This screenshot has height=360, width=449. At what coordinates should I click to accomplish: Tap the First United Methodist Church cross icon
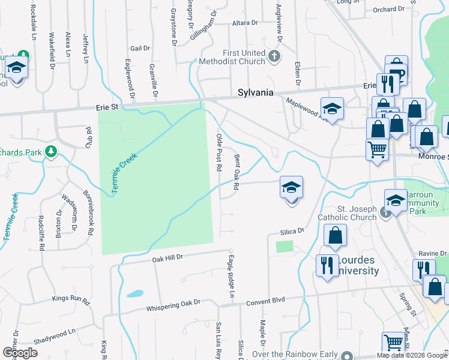click(x=274, y=57)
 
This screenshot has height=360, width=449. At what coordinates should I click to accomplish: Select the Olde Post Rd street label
click(x=219, y=152)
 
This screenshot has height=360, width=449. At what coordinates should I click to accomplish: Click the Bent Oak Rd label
click(x=237, y=173)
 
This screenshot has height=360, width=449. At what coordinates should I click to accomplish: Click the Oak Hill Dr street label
click(x=166, y=259)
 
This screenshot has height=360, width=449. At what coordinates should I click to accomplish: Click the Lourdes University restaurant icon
click(x=327, y=264)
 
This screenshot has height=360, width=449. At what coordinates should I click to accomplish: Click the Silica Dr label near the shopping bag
click(x=292, y=231)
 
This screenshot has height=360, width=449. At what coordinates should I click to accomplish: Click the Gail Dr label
click(x=139, y=48)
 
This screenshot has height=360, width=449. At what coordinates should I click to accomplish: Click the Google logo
click(x=20, y=353)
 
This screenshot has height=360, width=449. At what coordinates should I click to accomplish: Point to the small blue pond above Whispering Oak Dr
click(x=135, y=294)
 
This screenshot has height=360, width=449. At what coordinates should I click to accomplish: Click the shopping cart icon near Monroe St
click(x=376, y=149)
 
